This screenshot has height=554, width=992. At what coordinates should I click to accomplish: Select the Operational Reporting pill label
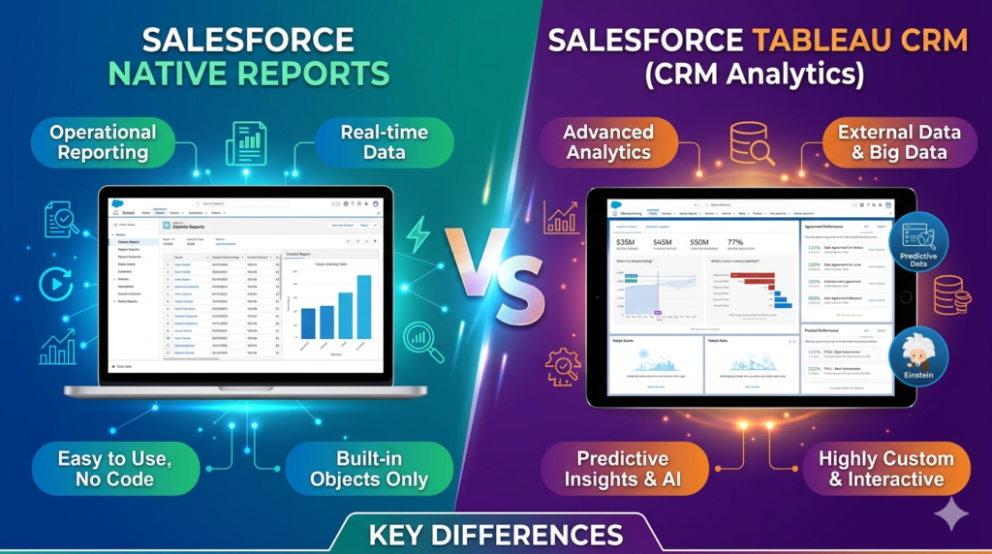click(x=103, y=142)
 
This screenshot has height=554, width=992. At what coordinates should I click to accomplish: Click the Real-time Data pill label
click(x=384, y=141)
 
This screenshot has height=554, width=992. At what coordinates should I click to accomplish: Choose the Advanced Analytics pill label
click(x=608, y=142)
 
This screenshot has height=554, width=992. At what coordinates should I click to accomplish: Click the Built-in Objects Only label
click(x=370, y=469)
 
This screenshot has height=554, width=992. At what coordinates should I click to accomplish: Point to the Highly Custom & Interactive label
click(x=884, y=469)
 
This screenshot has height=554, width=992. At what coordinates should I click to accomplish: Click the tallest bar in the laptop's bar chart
click(x=363, y=306)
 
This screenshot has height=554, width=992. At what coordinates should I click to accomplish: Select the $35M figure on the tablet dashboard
click(x=625, y=242)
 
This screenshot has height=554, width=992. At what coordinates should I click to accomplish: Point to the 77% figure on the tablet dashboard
click(x=735, y=242)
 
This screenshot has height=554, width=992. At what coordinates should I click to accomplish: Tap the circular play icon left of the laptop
click(x=55, y=284)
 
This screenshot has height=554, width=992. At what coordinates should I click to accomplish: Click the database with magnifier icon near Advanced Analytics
click(x=751, y=143)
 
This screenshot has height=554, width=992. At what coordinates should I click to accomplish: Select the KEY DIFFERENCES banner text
click(x=495, y=534)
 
